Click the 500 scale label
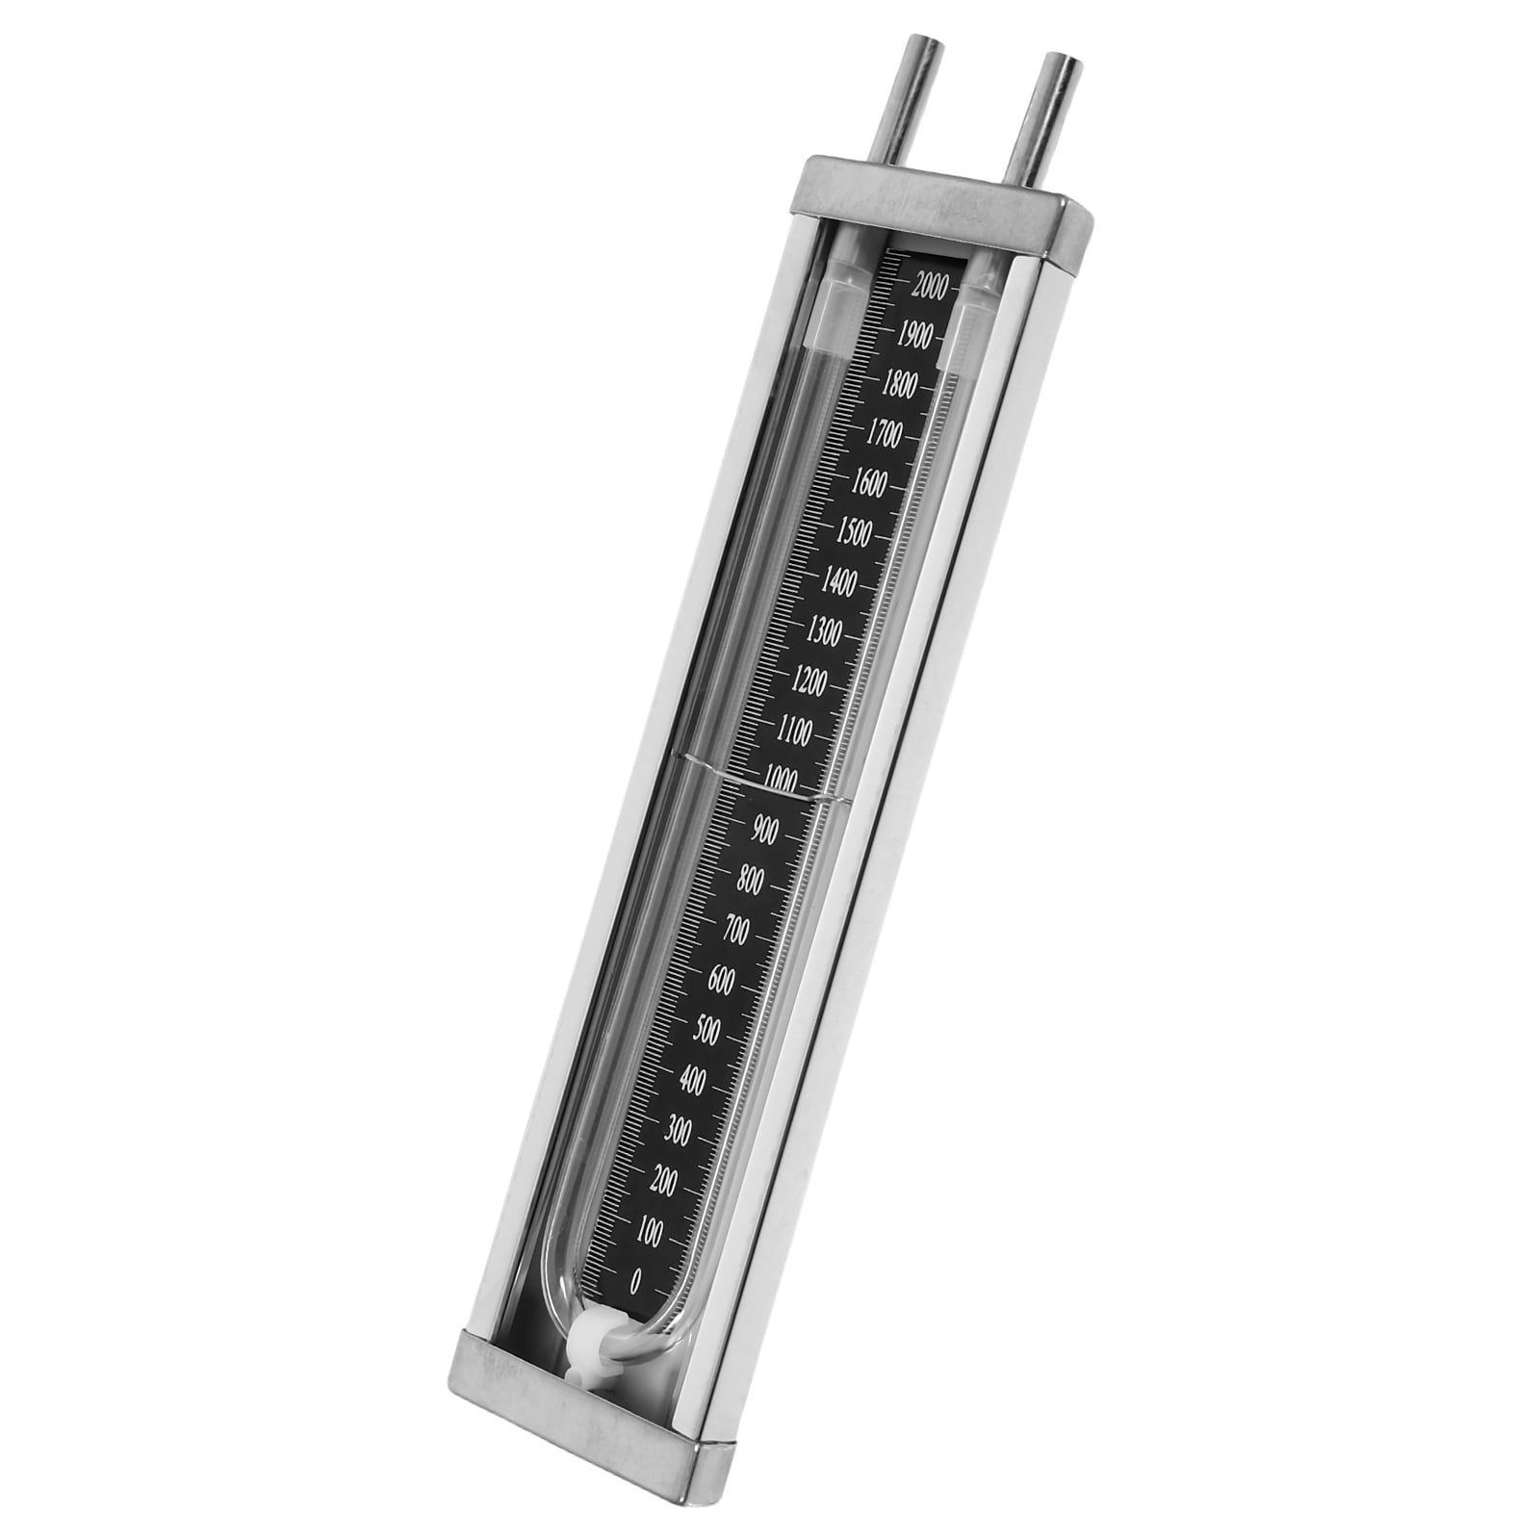point(706,1030)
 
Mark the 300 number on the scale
point(678,1132)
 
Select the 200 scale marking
point(663,1181)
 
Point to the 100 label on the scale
point(649,1233)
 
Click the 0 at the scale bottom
point(635,1282)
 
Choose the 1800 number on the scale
point(898,385)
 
